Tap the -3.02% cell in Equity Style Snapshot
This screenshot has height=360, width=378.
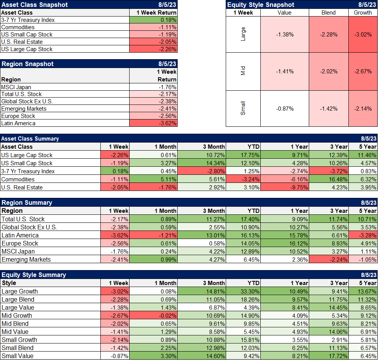click(x=363, y=34)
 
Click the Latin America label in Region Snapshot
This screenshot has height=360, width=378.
click(x=18, y=123)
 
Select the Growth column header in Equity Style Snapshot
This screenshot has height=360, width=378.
click(x=363, y=13)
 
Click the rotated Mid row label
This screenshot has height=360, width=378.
click(x=243, y=71)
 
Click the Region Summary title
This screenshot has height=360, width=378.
click(x=27, y=202)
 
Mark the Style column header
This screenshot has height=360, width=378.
click(x=9, y=283)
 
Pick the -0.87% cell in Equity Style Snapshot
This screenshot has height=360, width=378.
click(x=285, y=109)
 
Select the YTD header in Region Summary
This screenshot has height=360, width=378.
click(x=253, y=211)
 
